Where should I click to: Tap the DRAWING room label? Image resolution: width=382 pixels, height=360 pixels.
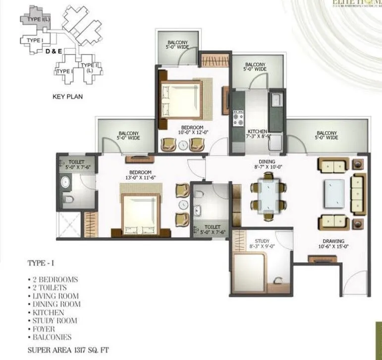pyautogui.click(x=329, y=241)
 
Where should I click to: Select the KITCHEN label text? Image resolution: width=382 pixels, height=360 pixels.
pyautogui.click(x=257, y=131)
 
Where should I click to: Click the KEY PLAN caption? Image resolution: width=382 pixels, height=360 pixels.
pyautogui.click(x=67, y=97)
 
